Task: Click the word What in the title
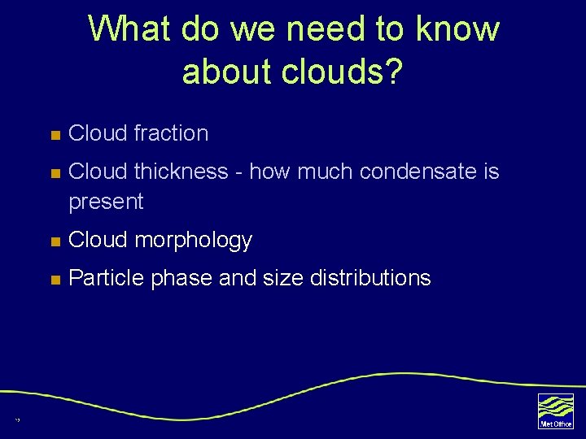point(130,28)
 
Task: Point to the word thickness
point(181,172)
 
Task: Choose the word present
point(106,202)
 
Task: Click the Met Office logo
point(555,411)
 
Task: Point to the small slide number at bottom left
point(16,420)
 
